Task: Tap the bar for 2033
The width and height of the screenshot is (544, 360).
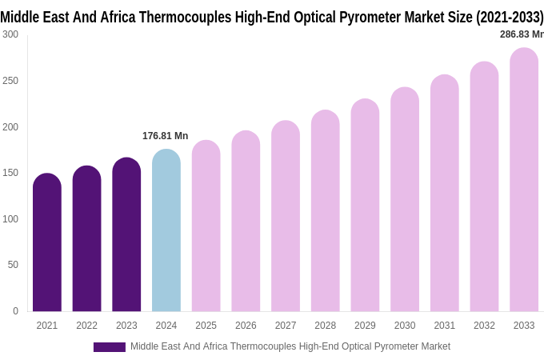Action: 524,180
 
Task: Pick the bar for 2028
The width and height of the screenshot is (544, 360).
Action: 326,211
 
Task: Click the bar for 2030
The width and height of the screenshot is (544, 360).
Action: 405,200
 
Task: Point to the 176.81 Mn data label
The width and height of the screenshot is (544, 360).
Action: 166,136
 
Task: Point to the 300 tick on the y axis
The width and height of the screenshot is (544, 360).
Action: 10,34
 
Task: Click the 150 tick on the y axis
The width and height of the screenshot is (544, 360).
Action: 10,173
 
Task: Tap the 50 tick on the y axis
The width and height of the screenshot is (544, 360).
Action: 13,265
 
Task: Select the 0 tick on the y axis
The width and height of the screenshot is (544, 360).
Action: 15,311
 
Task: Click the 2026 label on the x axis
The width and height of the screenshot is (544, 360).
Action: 246,326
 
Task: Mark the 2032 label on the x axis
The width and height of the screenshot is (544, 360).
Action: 484,326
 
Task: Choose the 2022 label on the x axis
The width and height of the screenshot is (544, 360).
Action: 87,326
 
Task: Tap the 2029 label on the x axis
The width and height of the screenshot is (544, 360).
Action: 365,326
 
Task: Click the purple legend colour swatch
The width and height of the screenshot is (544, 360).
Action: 110,347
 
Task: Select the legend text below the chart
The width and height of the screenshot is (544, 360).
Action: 290,346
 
